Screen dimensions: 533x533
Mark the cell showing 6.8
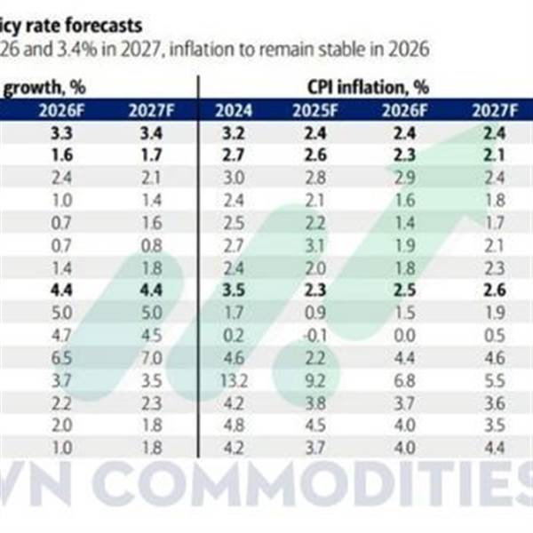[x=403, y=381]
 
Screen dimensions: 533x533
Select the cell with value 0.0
[x=403, y=335]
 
